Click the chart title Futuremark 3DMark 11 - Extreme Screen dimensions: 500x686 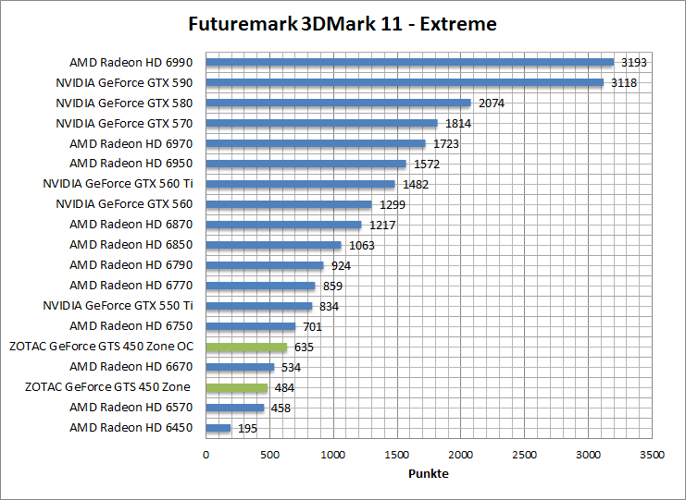point(342,24)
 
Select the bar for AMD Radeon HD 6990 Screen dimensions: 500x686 point(409,63)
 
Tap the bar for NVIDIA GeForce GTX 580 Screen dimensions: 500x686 point(338,103)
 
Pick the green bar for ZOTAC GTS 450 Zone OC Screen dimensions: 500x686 point(246,348)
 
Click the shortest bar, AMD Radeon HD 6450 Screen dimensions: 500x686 point(218,428)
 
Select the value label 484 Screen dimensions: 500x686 point(284,388)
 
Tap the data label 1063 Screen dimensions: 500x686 point(362,246)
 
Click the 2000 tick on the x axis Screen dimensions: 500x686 point(461,455)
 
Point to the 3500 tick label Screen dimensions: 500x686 point(652,455)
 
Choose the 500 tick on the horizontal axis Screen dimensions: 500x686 point(269,455)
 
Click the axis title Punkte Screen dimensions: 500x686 point(429,473)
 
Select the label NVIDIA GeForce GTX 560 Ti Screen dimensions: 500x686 point(118,184)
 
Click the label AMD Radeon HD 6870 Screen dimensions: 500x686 point(131,225)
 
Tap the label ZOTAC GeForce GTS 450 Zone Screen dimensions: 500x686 point(107,387)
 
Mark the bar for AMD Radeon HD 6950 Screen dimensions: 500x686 point(306,164)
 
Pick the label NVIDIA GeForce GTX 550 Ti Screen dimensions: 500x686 point(118,306)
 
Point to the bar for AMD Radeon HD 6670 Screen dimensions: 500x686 point(240,367)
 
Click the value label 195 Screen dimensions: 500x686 point(246,429)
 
